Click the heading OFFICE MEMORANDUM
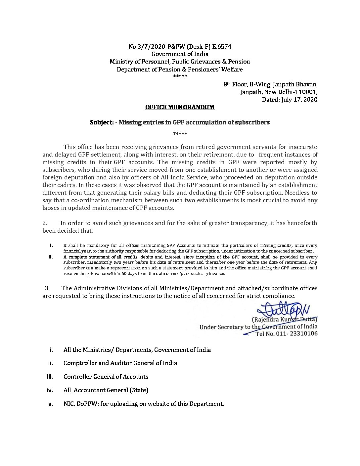tap(180, 107)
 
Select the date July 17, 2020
tap(299, 100)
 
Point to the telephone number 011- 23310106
tap(299, 334)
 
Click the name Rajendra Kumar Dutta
tap(285, 320)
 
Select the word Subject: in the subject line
tap(102, 122)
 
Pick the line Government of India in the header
tap(180, 54)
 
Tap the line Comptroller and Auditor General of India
tap(120, 363)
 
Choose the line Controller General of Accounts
tap(106, 377)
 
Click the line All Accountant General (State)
tap(106, 390)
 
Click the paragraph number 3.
tap(47, 288)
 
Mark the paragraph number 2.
tap(45, 223)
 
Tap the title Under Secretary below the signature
tap(221, 327)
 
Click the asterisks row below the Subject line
tap(180, 134)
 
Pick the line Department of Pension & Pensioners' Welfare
tap(180, 70)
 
